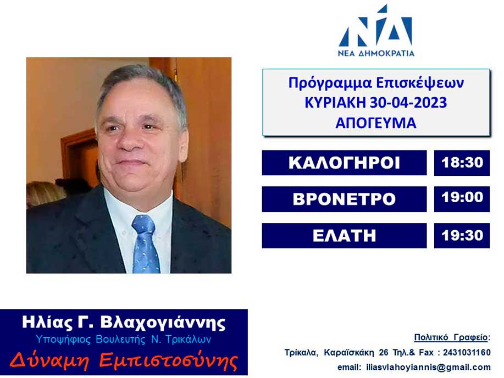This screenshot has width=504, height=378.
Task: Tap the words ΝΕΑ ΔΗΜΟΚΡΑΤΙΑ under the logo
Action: click(x=376, y=53)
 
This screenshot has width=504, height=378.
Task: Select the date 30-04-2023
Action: click(x=408, y=103)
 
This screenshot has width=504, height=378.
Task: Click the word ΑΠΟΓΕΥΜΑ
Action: click(x=376, y=123)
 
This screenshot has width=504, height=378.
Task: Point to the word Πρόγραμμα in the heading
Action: click(x=330, y=84)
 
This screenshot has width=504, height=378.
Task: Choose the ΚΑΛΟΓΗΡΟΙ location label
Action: click(x=344, y=163)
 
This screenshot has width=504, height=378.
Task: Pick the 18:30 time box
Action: click(x=462, y=163)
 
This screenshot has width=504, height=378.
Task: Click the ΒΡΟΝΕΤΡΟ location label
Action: click(x=344, y=199)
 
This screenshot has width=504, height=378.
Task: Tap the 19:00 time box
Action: click(x=462, y=199)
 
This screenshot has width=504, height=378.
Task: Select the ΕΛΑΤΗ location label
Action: click(x=344, y=236)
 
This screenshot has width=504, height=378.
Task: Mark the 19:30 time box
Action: click(x=462, y=236)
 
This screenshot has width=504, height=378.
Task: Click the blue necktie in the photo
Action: click(x=146, y=243)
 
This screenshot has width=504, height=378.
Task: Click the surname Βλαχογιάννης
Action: click(x=163, y=323)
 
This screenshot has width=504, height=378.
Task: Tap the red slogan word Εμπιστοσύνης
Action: click(x=168, y=360)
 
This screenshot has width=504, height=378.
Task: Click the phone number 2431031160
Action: click(x=467, y=353)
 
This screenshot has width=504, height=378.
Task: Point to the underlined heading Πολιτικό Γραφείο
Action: click(x=451, y=337)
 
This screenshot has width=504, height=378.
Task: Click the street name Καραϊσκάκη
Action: click(x=349, y=353)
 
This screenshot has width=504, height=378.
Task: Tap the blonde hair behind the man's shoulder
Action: click(x=45, y=193)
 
